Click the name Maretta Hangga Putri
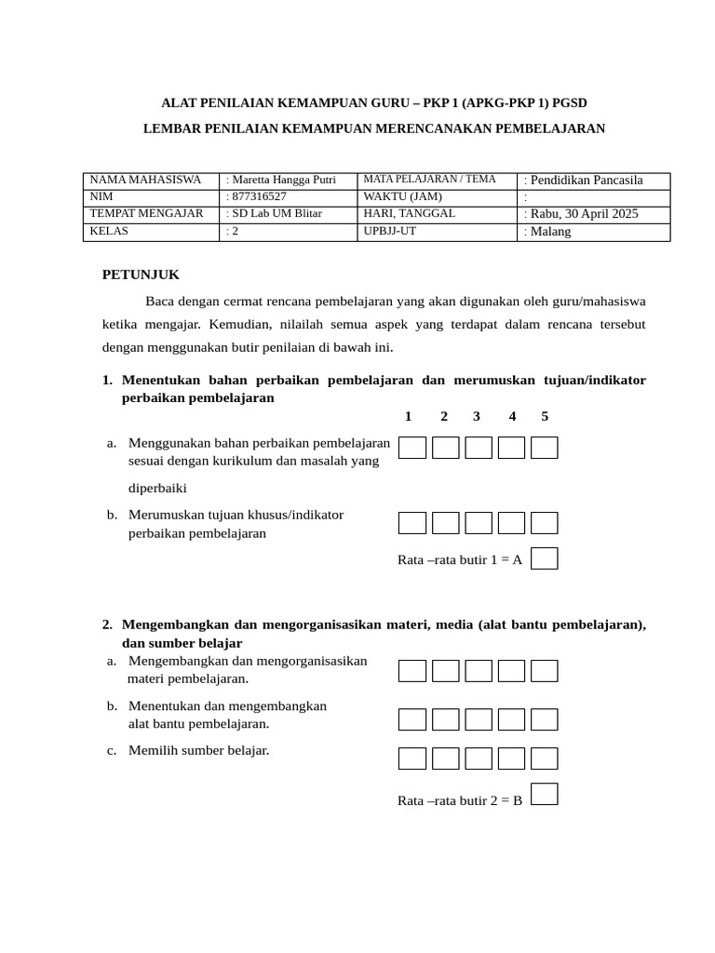pyautogui.click(x=284, y=181)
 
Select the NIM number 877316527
pyautogui.click(x=259, y=197)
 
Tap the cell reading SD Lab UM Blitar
pyautogui.click(x=277, y=214)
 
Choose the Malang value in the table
pyautogui.click(x=550, y=232)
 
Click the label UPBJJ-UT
pyautogui.click(x=390, y=231)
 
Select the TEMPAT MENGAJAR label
pyautogui.click(x=146, y=214)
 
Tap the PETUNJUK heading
pyautogui.click(x=141, y=275)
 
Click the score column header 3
pyautogui.click(x=476, y=416)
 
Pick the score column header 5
pyautogui.click(x=545, y=416)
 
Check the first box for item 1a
pyautogui.click(x=412, y=448)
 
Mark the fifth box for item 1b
pyautogui.click(x=545, y=523)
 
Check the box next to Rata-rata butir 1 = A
pyautogui.click(x=545, y=558)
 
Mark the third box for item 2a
pyautogui.click(x=479, y=671)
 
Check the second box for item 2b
pyautogui.click(x=446, y=719)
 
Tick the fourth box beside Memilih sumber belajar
pyautogui.click(x=511, y=758)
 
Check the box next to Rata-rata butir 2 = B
pyautogui.click(x=545, y=794)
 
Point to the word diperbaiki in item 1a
pyautogui.click(x=158, y=488)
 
